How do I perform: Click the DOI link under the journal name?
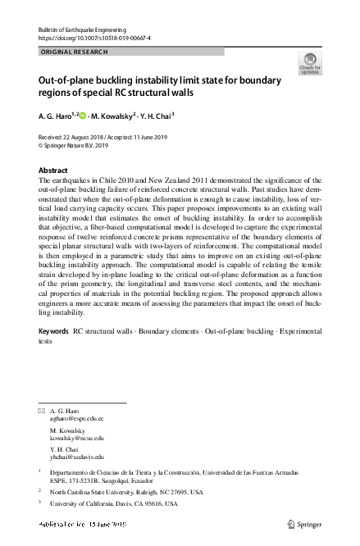(x=94, y=38)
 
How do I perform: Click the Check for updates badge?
(x=310, y=63)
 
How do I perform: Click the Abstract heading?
(x=53, y=171)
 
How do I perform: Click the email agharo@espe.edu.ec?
(x=78, y=418)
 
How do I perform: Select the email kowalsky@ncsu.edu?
(x=78, y=438)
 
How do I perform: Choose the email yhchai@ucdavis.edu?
(x=78, y=457)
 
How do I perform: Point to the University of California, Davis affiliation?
(x=114, y=504)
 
